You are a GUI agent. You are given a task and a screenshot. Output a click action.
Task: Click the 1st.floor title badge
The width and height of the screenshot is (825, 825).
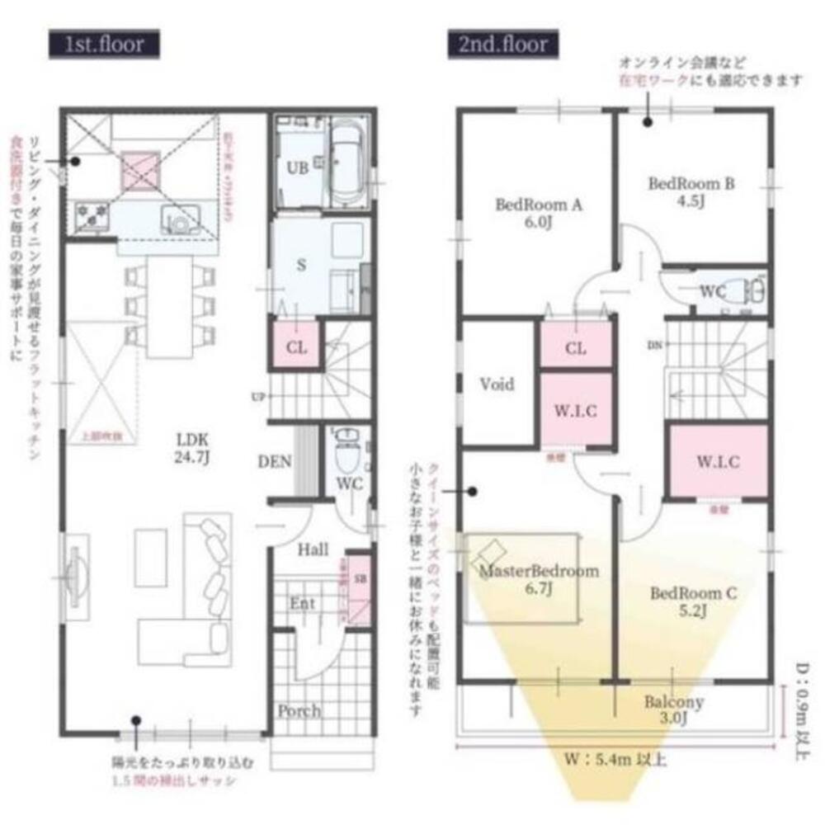point(103,44)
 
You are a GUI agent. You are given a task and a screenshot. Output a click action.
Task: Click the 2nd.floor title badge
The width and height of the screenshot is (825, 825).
point(503,44)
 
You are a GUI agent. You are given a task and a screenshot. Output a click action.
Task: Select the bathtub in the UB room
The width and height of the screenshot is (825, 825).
point(350,162)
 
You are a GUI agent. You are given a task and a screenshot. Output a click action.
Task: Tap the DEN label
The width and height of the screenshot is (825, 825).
point(275,462)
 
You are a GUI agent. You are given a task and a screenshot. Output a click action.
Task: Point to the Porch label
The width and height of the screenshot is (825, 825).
point(299,710)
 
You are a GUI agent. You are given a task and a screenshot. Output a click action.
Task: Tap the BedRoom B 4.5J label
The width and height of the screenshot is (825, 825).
point(691,191)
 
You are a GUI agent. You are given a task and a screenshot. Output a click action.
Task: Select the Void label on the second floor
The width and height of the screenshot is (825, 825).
point(497,384)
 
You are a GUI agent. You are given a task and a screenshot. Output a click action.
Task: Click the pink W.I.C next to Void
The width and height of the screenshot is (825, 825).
point(576,410)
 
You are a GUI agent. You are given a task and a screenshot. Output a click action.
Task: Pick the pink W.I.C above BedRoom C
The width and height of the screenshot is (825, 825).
point(718,461)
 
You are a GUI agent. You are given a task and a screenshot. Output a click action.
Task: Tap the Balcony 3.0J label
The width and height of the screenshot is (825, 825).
point(674,710)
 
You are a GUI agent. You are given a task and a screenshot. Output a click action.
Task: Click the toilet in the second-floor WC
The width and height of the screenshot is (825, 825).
point(752,290)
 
